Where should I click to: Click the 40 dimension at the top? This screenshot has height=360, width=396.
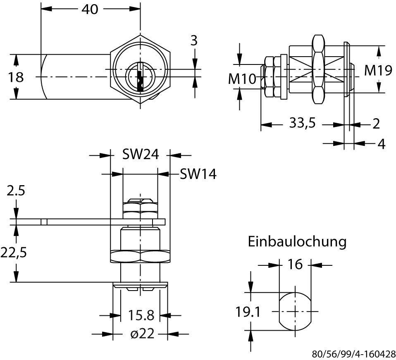click(90, 9)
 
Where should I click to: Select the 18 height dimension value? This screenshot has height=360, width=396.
click(16, 77)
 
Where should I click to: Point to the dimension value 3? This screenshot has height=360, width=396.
click(193, 41)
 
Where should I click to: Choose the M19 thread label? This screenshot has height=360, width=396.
click(378, 71)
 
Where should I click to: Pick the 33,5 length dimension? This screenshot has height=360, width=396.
click(302, 124)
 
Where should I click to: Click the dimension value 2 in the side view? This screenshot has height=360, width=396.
click(376, 124)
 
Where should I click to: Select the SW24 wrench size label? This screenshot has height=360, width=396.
click(141, 155)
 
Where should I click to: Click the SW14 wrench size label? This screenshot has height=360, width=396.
click(198, 174)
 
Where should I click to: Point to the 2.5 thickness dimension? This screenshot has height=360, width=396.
click(16, 191)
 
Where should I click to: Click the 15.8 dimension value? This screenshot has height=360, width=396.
click(140, 315)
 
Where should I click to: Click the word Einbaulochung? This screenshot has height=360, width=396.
click(297, 241)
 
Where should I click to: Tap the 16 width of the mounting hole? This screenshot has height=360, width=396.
click(296, 264)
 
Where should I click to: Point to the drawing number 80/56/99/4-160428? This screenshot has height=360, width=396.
click(353, 354)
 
